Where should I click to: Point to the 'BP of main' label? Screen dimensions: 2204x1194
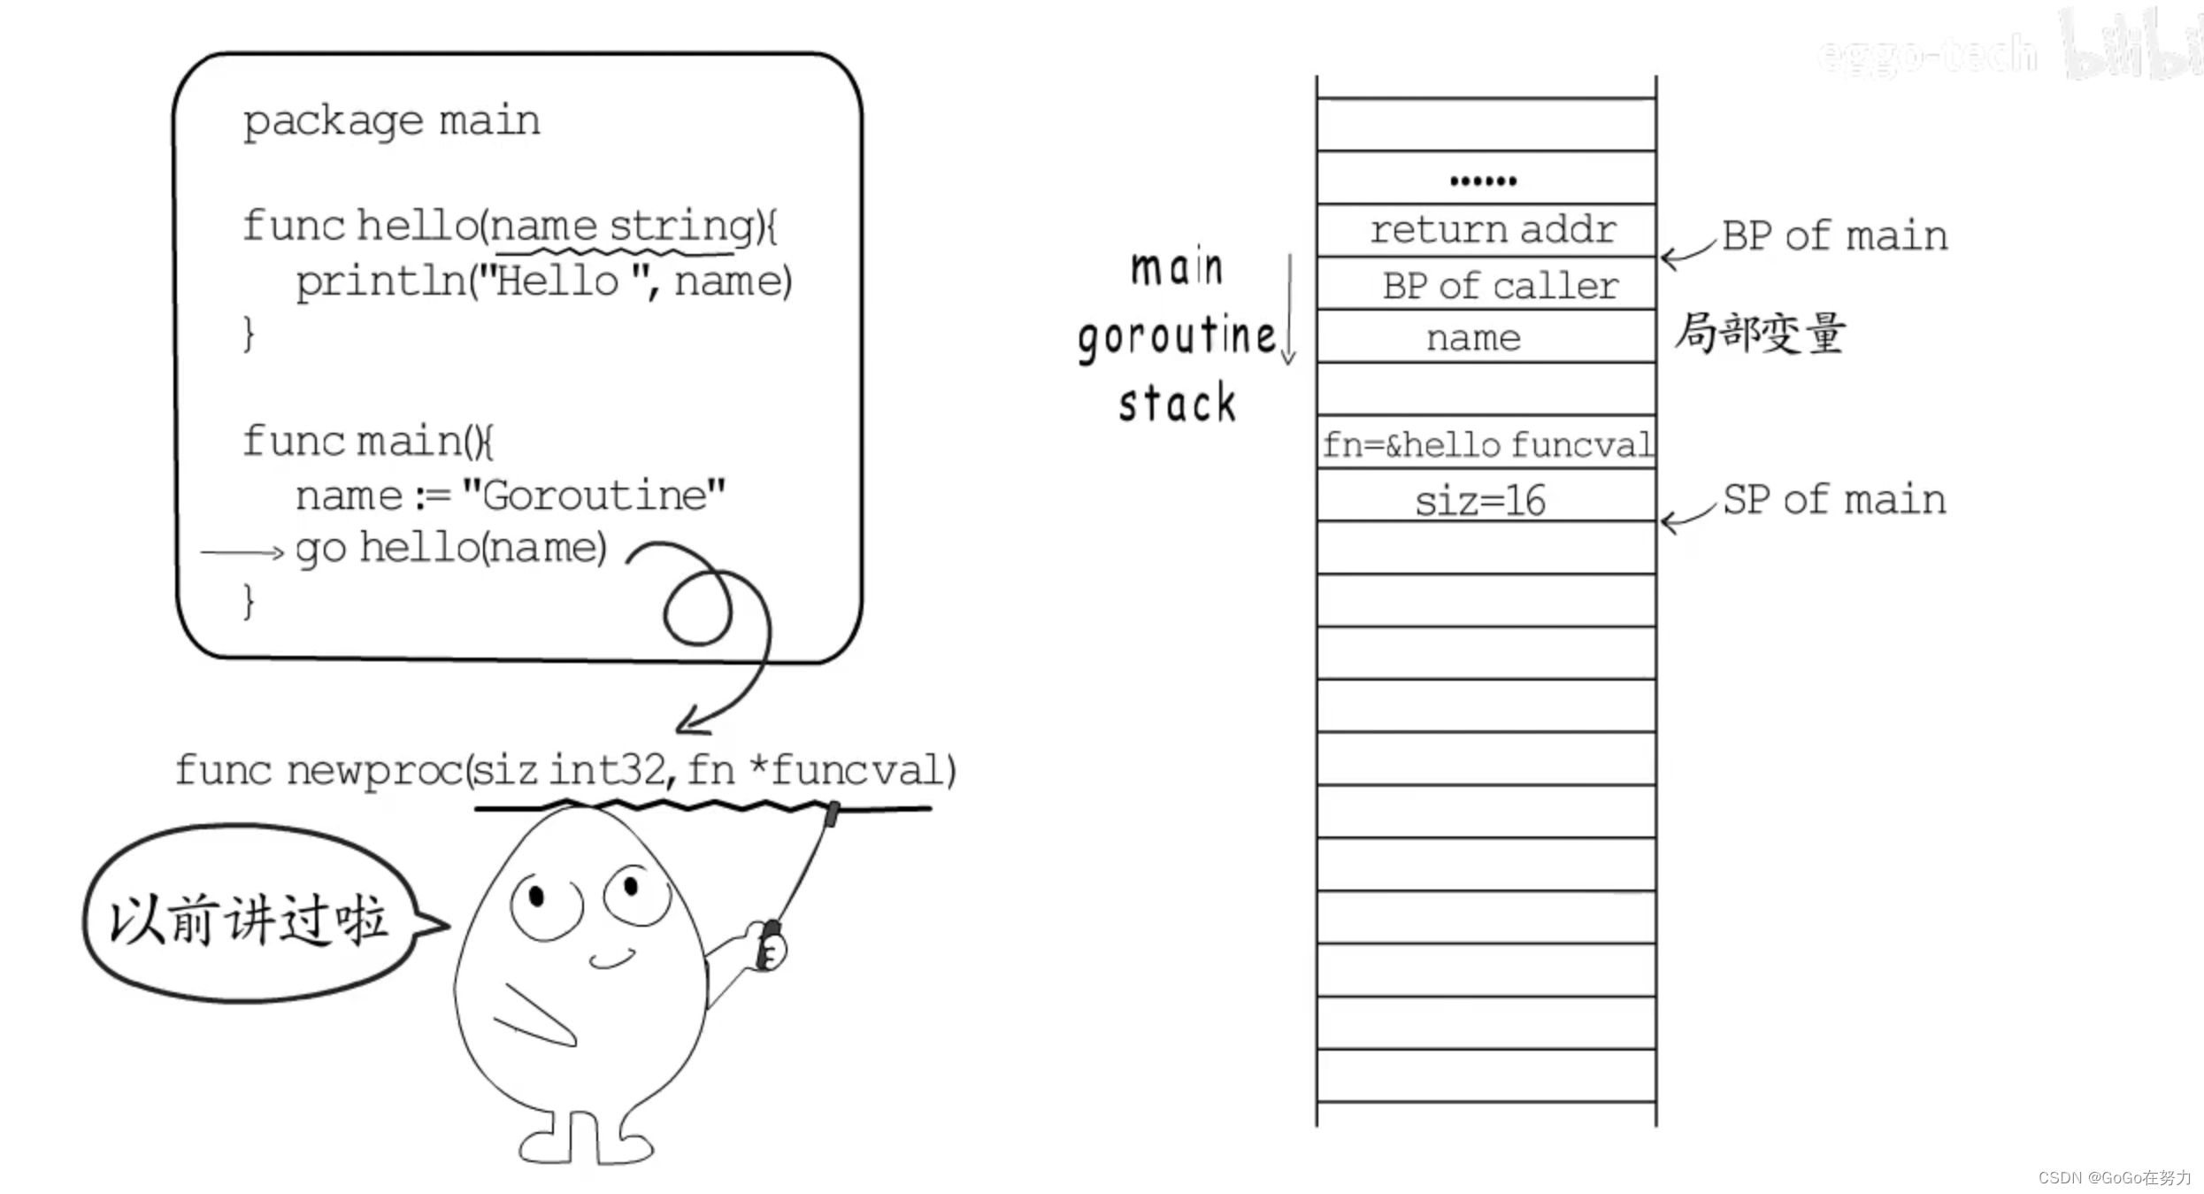[1834, 236]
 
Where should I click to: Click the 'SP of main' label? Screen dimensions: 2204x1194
[1833, 500]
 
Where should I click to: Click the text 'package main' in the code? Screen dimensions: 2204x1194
[391, 120]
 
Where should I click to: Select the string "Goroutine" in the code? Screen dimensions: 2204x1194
[593, 496]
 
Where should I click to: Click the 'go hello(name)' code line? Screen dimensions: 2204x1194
[450, 549]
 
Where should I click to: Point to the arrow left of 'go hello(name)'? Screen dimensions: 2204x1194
[241, 552]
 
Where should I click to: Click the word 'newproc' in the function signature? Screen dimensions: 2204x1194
[373, 770]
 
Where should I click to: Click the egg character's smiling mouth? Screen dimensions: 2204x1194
[612, 959]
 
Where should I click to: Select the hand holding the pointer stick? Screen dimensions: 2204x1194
[767, 945]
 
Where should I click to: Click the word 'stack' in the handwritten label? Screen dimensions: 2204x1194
[1176, 404]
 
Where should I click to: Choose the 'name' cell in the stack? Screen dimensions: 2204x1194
[1473, 337]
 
